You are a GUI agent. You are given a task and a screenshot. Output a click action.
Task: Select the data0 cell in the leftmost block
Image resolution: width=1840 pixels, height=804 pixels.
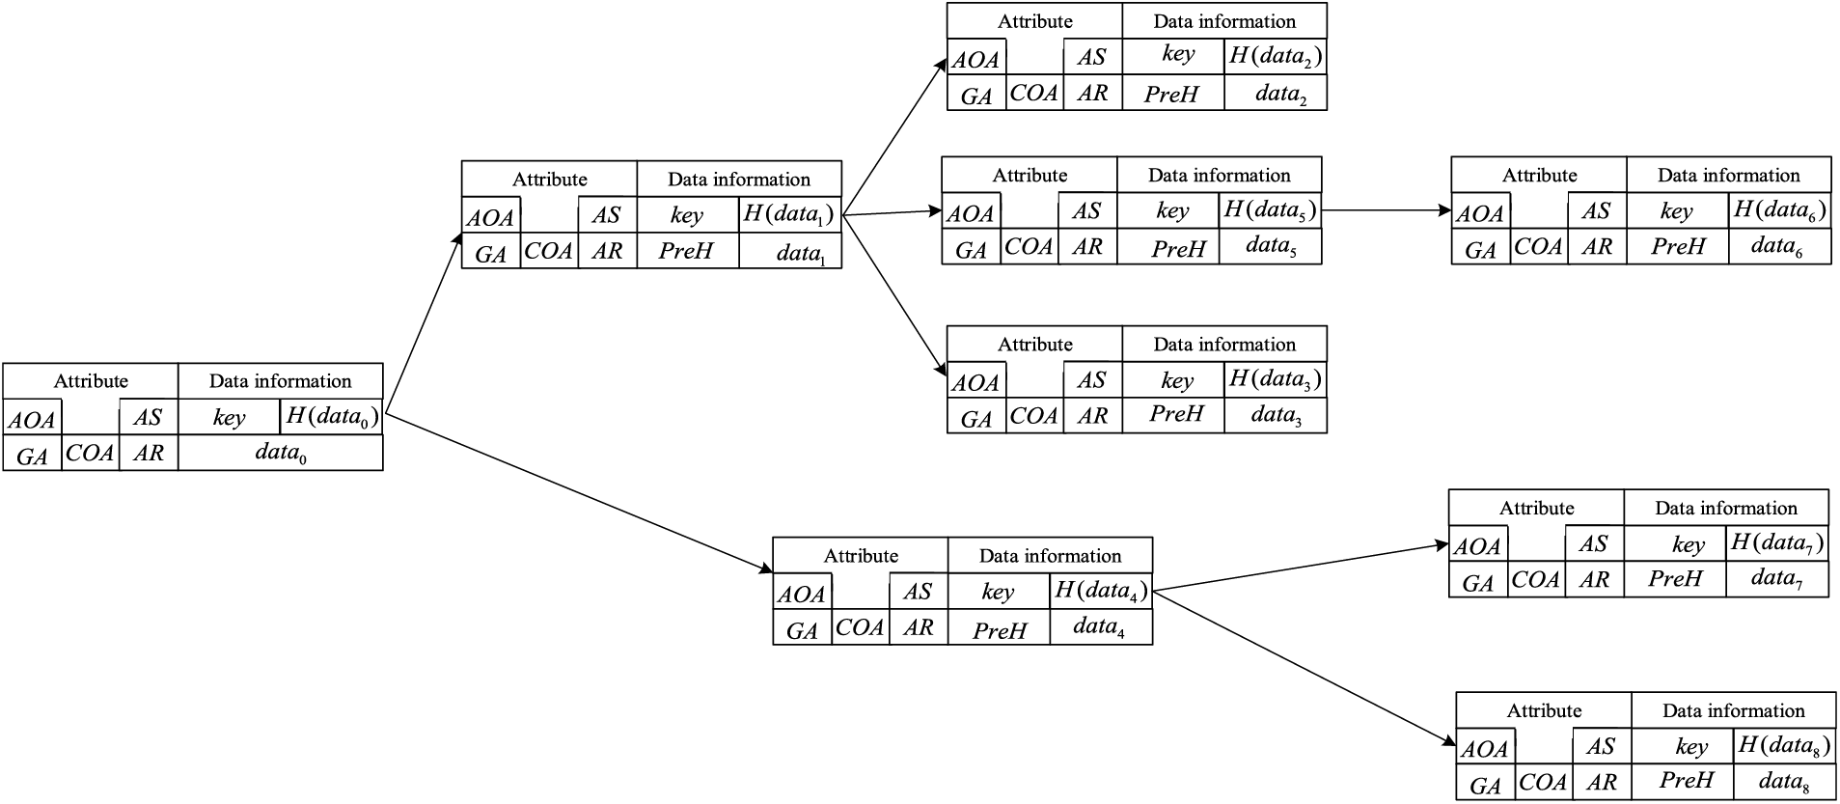pos(280,453)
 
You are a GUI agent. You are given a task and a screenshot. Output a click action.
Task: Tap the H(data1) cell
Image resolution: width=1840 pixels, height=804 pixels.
pos(789,215)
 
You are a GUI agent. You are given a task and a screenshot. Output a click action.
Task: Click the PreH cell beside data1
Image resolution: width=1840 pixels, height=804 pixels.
pos(686,252)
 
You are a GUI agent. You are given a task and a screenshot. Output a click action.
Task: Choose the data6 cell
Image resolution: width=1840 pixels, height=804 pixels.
pos(1777,247)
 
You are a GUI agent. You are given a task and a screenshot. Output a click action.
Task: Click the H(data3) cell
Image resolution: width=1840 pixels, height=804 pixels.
pos(1275,379)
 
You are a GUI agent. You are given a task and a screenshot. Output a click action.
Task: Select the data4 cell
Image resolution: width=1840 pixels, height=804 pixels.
pos(1099,627)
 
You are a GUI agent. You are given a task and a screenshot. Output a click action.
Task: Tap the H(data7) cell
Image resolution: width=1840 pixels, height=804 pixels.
pos(1776,543)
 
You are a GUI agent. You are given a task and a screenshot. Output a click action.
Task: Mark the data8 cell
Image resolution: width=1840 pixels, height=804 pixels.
pos(1784,781)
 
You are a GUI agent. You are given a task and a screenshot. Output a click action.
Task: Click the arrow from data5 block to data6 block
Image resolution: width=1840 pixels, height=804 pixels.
pos(1386,209)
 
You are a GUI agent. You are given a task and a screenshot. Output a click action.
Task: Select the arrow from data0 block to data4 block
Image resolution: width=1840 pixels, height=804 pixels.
pos(579,493)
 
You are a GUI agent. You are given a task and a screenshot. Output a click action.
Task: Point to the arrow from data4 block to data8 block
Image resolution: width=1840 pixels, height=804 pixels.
pos(1303,667)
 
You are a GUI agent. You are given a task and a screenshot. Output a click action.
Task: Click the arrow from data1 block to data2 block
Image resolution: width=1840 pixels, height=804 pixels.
pos(894,135)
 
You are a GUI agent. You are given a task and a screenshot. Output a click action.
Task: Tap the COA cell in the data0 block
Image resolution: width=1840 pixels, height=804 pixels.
pos(91,453)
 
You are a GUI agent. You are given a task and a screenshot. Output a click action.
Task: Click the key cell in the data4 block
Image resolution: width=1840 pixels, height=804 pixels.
pos(998,591)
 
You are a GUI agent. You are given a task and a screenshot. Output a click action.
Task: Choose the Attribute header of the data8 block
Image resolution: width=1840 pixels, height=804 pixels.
pos(1543,710)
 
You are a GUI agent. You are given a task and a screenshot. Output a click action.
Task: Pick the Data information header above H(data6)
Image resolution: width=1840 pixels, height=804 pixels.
pos(1728,176)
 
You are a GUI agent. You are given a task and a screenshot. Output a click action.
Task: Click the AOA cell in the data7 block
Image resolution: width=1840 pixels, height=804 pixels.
pos(1477,547)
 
